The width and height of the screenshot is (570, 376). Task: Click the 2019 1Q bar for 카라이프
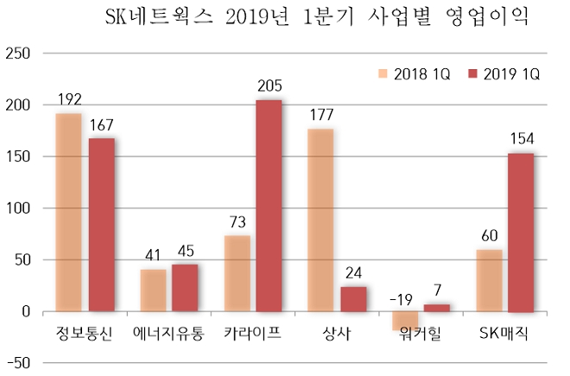[x=269, y=206]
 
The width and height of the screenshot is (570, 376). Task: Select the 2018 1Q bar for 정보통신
[x=68, y=212]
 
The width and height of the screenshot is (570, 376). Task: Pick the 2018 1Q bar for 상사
[x=320, y=220]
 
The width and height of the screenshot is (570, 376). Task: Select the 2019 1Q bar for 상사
[x=352, y=299]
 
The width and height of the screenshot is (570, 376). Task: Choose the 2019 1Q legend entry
[x=503, y=74]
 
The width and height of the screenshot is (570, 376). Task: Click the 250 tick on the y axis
[x=18, y=54]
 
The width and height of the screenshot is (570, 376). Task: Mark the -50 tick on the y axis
[x=18, y=363]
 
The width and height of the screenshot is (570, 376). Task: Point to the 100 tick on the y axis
[x=18, y=208]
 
